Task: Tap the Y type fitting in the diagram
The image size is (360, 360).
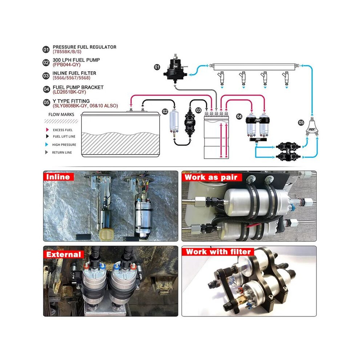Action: [312, 127]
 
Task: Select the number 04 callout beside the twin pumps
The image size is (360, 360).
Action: [239, 116]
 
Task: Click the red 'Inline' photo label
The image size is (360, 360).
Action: [58, 177]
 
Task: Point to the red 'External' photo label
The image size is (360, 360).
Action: [63, 255]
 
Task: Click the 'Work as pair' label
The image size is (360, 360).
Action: [211, 177]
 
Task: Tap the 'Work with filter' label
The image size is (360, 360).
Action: [218, 252]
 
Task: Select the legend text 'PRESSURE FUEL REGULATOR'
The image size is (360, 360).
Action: [84, 47]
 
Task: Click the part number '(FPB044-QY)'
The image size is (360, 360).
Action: [67, 65]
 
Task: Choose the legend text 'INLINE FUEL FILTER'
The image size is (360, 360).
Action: [75, 73]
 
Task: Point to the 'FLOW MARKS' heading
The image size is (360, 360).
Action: [61, 114]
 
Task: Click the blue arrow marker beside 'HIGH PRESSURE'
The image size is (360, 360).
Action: [47, 144]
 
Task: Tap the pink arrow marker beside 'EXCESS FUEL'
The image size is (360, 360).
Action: [47, 130]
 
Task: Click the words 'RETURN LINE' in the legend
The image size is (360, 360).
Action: [62, 152]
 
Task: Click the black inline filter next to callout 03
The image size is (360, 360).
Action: [190, 122]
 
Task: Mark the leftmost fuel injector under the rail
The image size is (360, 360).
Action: [221, 79]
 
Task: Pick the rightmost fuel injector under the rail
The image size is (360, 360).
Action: [286, 79]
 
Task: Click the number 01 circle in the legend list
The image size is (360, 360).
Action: [46, 49]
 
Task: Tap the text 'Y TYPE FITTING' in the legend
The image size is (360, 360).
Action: [71, 101]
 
